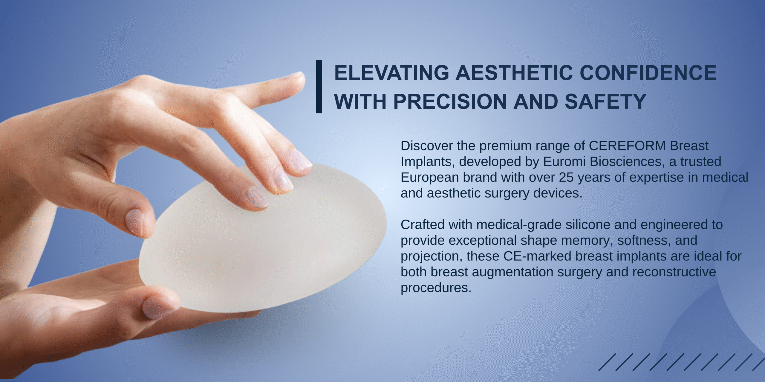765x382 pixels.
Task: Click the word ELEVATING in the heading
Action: click(391, 73)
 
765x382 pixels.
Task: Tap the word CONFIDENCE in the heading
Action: click(648, 73)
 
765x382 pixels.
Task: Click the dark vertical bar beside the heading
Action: click(319, 87)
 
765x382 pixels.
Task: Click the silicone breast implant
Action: click(263, 239)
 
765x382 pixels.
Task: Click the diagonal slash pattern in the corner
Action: click(681, 362)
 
